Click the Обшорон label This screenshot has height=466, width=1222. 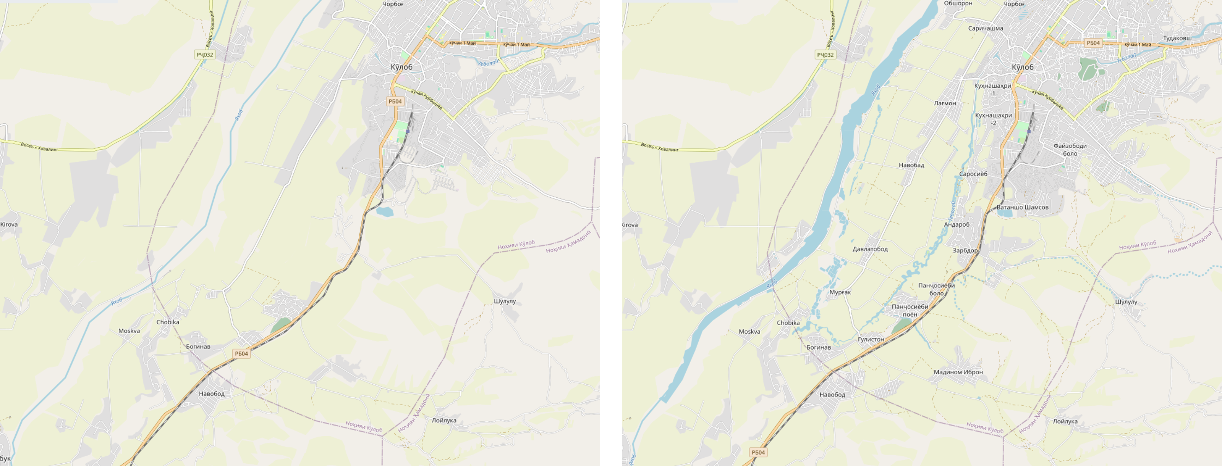pos(958,3)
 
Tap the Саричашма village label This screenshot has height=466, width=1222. pos(985,29)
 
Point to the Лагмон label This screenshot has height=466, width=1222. pos(945,103)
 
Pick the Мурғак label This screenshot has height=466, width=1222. pos(840,292)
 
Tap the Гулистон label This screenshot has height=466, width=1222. pos(871,339)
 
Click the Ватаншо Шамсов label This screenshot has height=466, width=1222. pos(1022,208)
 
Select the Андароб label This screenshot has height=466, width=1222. pos(957,225)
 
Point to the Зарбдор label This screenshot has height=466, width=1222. pos(965,251)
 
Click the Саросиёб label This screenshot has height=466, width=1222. pos(973,174)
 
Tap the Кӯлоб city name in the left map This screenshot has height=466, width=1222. pos(401,67)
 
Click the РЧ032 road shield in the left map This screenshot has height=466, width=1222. pos(205,55)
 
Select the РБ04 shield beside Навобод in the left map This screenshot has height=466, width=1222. pos(241,354)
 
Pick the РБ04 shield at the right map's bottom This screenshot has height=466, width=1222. pos(758,453)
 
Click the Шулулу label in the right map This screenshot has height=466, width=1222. pos(1126,302)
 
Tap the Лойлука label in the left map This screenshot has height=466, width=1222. pos(443,421)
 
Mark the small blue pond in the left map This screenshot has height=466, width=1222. pos(385,212)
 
